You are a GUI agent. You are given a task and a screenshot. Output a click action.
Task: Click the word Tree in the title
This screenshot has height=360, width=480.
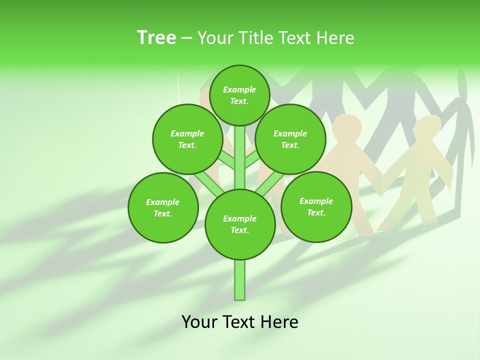point(156,38)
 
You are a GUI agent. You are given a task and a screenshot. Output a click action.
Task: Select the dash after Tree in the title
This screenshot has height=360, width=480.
point(186,38)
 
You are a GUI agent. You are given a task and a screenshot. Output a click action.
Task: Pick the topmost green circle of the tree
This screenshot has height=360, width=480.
point(239,95)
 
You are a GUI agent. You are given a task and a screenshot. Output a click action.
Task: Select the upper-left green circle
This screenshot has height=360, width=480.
point(187,139)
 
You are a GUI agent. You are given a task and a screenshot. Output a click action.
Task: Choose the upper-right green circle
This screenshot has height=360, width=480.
point(290,139)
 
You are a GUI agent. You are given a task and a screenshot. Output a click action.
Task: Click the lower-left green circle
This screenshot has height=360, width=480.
point(163,207)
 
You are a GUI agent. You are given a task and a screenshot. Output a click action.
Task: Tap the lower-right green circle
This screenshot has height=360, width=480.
point(316,206)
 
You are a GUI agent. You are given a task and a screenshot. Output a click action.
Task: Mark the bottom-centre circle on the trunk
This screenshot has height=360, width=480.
point(240,224)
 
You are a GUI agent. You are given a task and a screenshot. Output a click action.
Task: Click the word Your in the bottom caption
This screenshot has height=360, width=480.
point(199,322)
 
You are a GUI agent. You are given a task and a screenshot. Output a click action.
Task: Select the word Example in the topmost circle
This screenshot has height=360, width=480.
point(239,89)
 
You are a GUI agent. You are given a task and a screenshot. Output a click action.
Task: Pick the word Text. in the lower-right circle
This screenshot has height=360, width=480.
point(316,212)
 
